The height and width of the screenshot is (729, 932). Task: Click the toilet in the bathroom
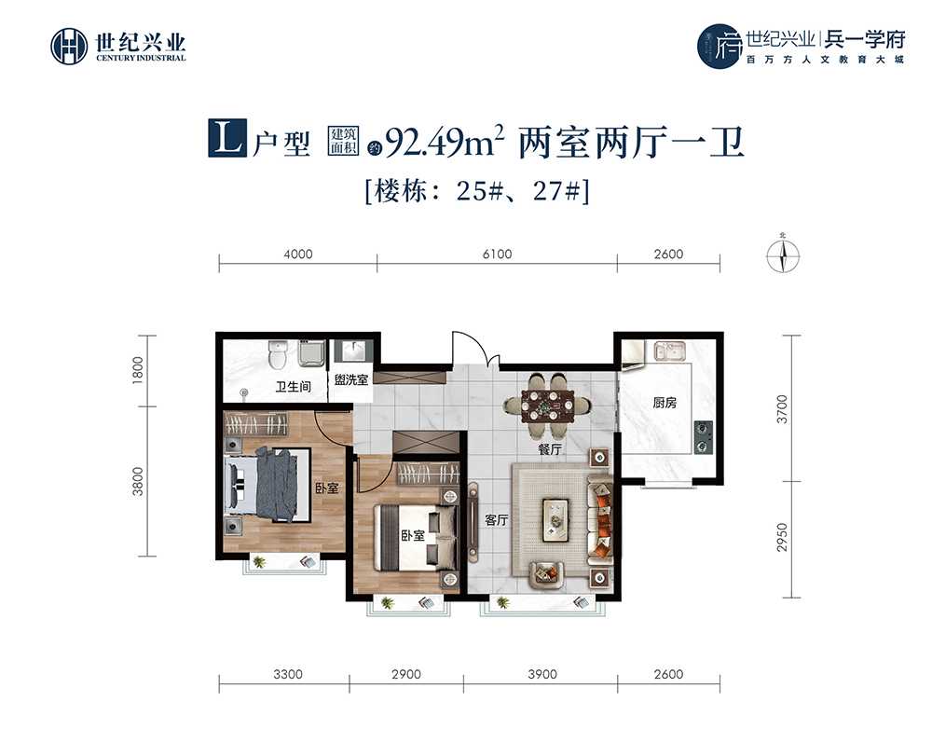[x=277, y=354]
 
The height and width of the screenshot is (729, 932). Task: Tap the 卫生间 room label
[x=293, y=387]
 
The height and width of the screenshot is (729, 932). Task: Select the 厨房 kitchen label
[x=665, y=403]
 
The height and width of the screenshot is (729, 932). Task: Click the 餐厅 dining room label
[x=550, y=449]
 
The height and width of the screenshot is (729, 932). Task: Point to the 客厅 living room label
[x=497, y=520]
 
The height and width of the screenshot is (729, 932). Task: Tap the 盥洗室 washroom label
[x=351, y=380]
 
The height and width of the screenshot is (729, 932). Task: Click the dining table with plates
[x=547, y=406]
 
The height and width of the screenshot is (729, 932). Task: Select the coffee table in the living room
[x=555, y=520]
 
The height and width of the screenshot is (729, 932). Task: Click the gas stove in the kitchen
[x=703, y=436]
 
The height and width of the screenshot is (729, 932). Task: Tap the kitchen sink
[x=669, y=351]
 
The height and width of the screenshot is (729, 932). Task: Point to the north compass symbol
[x=783, y=256]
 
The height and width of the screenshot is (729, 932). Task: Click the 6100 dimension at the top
[x=497, y=254]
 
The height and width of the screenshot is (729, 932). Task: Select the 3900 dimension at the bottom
[x=542, y=674]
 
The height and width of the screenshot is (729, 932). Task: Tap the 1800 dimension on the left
[x=138, y=370]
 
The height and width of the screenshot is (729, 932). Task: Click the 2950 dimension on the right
[x=782, y=537]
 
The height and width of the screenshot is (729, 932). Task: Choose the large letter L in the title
[x=227, y=139]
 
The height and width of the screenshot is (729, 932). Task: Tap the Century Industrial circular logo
[x=69, y=46]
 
